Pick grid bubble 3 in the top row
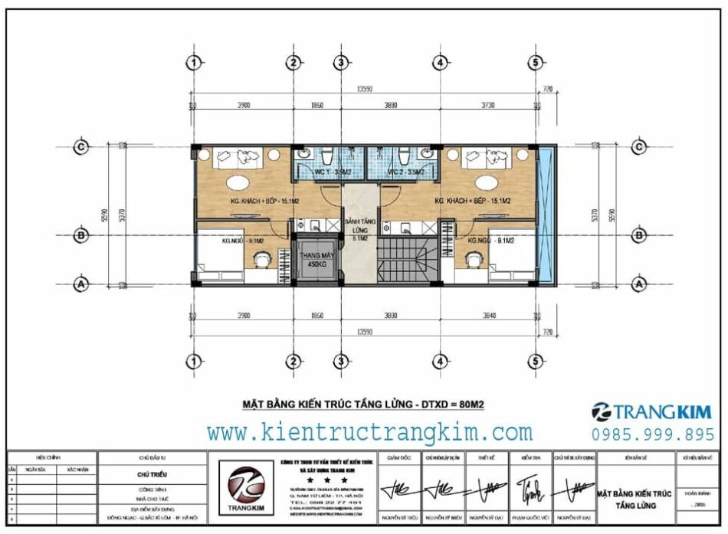pyautogui.click(x=341, y=62)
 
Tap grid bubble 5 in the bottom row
pyautogui.click(x=537, y=361)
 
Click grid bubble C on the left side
pyautogui.click(x=80, y=147)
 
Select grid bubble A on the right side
pyautogui.click(x=637, y=283)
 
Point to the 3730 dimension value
pyautogui.click(x=487, y=105)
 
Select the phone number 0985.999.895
pyautogui.click(x=653, y=434)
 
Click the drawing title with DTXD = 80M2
pyautogui.click(x=362, y=402)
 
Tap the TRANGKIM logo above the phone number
pyautogui.click(x=651, y=411)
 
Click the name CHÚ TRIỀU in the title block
pyautogui.click(x=152, y=474)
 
